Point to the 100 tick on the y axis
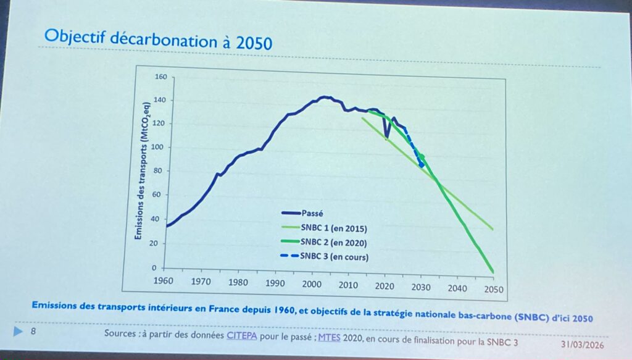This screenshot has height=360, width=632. [x=160, y=147]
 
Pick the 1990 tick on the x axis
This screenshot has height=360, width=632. [x=275, y=283]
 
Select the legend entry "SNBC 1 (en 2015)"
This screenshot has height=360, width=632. [x=333, y=228]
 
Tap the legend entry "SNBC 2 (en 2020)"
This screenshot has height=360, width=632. [x=334, y=242]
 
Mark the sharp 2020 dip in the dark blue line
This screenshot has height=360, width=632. [x=386, y=137]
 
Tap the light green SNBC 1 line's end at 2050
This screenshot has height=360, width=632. [x=493, y=229]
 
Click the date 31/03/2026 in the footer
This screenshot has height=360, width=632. [x=582, y=344]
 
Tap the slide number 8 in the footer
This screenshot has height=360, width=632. [x=33, y=332]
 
